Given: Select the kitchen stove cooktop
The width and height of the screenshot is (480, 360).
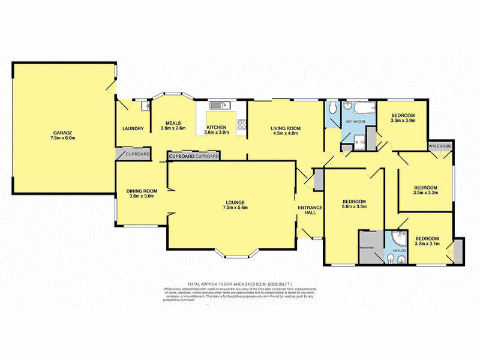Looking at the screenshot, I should point(242,125).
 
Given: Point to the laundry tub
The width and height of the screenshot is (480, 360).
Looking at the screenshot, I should point(145,107).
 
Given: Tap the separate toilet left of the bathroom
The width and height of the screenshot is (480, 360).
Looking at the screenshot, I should point(331,110).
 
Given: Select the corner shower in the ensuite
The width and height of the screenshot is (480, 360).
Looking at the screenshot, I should point(397,239).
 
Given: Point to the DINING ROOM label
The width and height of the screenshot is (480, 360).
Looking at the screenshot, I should point(141,191).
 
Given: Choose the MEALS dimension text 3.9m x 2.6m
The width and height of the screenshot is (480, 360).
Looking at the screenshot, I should point(173,128).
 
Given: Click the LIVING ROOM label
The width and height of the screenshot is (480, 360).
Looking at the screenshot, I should point(285,128).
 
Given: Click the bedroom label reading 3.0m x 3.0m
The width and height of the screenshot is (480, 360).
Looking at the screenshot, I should point(403,121).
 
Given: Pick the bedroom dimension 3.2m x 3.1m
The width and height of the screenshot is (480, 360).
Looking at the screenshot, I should point(427,243).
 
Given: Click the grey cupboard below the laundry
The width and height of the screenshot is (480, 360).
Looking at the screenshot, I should point(137,154).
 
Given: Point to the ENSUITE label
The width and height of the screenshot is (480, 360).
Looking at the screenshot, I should point(400,250).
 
